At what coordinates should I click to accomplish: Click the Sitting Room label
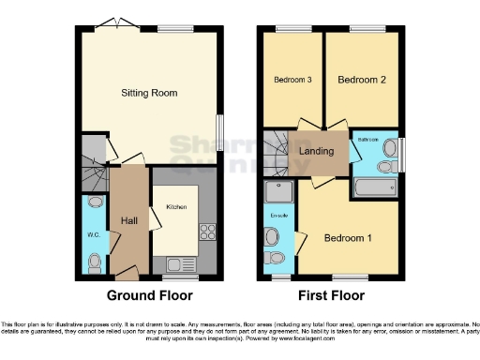click(x=149, y=93)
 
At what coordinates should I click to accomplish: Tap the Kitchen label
click(x=176, y=206)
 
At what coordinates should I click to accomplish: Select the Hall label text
click(x=129, y=221)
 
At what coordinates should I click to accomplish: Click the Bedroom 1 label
click(x=348, y=238)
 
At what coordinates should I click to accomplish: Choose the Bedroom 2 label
click(x=362, y=81)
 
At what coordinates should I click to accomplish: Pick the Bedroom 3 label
click(x=292, y=81)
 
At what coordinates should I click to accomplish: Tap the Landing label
click(x=317, y=150)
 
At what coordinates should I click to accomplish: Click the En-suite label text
click(x=278, y=216)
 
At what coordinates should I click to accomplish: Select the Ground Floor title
click(x=149, y=295)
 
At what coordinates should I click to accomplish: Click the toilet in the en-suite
click(x=274, y=258)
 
